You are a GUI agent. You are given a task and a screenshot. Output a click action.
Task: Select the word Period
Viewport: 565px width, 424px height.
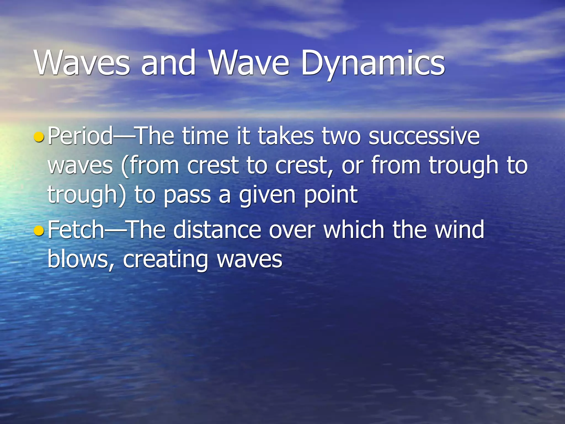pos(80,136)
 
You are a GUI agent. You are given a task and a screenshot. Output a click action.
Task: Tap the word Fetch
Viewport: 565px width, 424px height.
pos(76,230)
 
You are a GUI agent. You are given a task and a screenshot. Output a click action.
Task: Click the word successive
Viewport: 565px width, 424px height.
pos(424,136)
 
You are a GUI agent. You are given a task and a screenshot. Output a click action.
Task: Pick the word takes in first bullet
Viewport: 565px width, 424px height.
pos(286,136)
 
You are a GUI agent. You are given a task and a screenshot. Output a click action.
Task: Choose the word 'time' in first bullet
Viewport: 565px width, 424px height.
pos(205,136)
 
